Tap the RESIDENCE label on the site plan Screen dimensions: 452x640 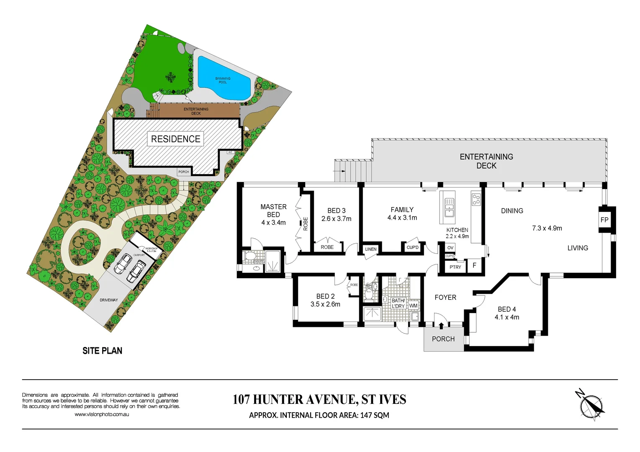point(175,139)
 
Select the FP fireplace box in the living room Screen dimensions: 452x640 point(604,220)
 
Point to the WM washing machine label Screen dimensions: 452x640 point(413,306)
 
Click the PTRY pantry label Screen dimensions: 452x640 point(455,267)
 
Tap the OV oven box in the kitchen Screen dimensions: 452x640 point(450,248)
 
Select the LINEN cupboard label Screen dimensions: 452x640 point(371,249)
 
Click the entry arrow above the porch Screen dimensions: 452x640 point(441,325)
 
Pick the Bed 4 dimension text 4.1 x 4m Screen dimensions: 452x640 point(506,317)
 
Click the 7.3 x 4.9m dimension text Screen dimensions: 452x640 point(547,229)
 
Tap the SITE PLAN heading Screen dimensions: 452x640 point(102,351)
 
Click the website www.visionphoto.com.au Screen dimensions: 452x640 point(102,414)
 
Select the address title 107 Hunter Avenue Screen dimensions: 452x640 point(319,400)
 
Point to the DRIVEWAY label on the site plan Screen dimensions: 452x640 point(108,300)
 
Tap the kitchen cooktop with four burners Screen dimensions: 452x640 point(476,199)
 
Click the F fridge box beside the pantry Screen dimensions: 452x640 point(474,266)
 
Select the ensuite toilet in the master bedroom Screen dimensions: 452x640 point(249,256)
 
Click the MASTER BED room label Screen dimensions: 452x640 point(273,211)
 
